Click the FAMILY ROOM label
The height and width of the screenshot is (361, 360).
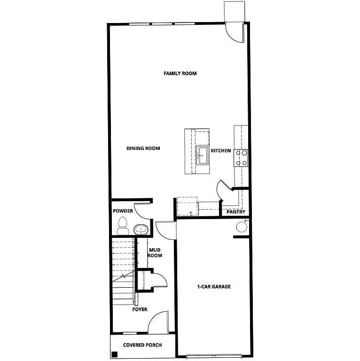pos(180,73)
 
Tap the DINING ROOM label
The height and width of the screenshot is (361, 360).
pos(143,149)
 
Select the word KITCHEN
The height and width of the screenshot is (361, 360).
pos(220,151)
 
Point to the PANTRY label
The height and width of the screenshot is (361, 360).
pos(235,212)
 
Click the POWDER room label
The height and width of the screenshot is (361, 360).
pos(123,211)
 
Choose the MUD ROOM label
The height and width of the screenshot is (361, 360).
pos(155,253)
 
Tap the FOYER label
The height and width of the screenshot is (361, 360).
pos(140,309)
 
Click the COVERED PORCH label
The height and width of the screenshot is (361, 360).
pos(142,345)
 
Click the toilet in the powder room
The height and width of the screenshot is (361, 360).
pos(123,225)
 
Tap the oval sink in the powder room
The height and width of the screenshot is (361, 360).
pos(141,229)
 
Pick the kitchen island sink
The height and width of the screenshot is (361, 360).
pos(203,155)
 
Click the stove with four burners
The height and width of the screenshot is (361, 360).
pos(242,158)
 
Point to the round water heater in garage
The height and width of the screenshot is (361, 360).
pos(241,228)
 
